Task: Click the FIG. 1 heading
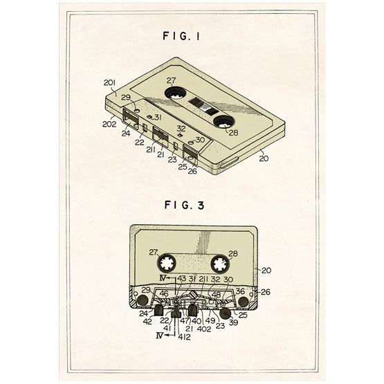pos(181,36)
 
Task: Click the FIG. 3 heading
pos(184,205)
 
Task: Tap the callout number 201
pos(109,83)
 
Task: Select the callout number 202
pos(109,124)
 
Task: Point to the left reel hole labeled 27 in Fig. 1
pos(175,93)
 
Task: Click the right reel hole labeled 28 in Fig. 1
pos(224,122)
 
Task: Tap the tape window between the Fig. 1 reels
pos(203,106)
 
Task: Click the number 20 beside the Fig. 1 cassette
pos(264,158)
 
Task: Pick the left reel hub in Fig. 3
pos(167,264)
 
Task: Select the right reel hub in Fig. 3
pos(221,264)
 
